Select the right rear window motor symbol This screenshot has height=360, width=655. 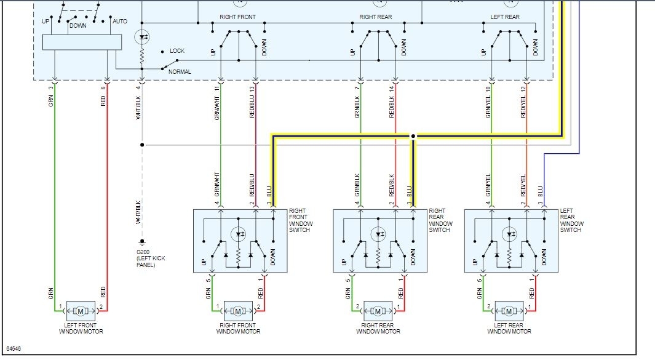click(x=378, y=310)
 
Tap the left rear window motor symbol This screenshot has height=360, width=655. click(x=509, y=310)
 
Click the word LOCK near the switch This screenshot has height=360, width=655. click(x=177, y=51)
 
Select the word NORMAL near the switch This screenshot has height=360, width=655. click(x=180, y=72)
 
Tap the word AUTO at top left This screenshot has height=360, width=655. click(x=120, y=21)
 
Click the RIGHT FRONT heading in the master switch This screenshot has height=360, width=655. click(x=237, y=17)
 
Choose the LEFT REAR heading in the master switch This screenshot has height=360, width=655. click(x=505, y=17)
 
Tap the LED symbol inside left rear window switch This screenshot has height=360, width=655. click(x=509, y=234)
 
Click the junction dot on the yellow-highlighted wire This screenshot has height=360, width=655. click(x=413, y=135)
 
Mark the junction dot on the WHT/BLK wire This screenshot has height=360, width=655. click(x=142, y=145)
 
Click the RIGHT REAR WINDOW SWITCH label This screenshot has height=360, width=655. click(x=440, y=220)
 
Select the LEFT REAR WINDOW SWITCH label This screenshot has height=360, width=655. click(x=571, y=220)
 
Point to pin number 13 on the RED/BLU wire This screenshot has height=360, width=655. click(x=252, y=89)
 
